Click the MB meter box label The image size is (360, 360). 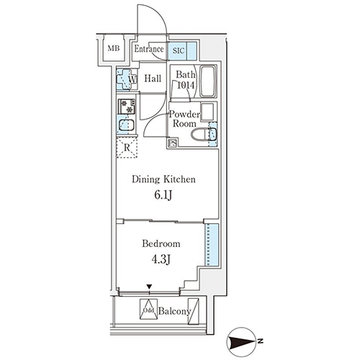(x=114, y=48)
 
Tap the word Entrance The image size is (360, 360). (x=149, y=49)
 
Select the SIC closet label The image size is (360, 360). (x=179, y=50)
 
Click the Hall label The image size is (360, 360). (x=153, y=78)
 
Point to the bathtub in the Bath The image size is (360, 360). (x=208, y=81)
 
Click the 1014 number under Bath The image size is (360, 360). (x=186, y=85)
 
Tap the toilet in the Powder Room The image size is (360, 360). (x=204, y=134)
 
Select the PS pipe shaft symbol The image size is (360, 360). (x=173, y=143)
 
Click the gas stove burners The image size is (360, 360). (x=127, y=107)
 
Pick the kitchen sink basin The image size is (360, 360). (x=127, y=125)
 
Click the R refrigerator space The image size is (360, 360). (x=127, y=148)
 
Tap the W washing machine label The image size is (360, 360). (x=132, y=79)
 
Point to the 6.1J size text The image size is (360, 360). (x=163, y=196)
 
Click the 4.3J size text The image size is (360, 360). (x=161, y=259)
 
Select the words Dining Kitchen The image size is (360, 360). (x=163, y=179)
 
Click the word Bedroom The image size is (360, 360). (x=161, y=243)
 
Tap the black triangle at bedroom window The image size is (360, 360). (x=150, y=287)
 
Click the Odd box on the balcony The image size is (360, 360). (x=148, y=309)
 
